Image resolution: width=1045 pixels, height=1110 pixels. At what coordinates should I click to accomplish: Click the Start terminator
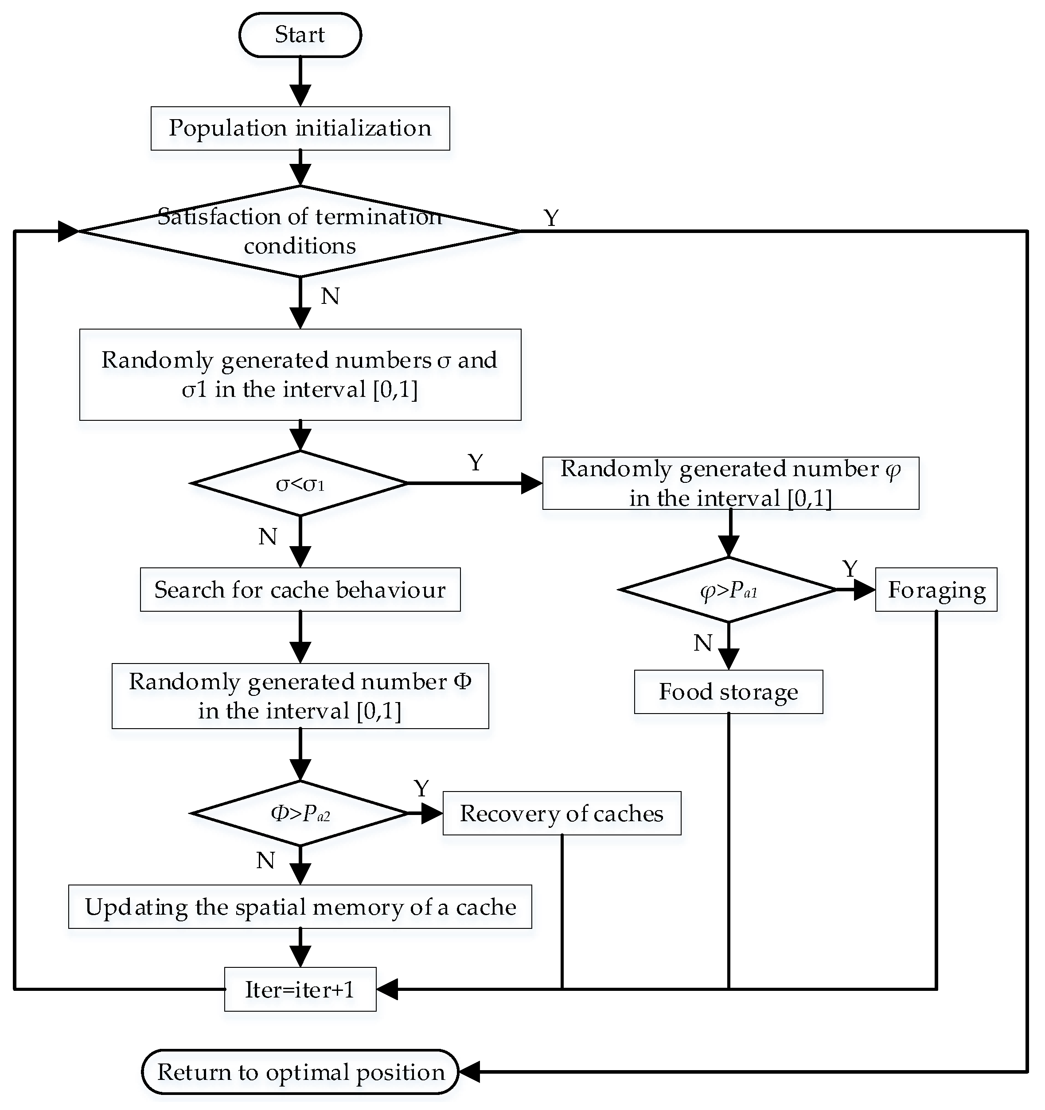300,35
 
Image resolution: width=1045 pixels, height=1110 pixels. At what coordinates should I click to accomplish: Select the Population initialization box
300,128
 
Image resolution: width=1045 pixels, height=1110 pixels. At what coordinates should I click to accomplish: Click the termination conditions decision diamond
300,231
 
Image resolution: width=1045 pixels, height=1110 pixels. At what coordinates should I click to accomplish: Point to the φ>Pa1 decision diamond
728,590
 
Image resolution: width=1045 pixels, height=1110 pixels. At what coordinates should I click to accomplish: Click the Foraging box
936,590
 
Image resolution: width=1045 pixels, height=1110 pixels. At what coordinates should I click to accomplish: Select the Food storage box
728,692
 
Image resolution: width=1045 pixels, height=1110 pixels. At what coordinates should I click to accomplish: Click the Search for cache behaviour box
300,590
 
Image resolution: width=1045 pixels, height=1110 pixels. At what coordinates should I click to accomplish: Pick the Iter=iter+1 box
300,990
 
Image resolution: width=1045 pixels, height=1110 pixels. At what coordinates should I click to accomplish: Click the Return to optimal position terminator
300,1072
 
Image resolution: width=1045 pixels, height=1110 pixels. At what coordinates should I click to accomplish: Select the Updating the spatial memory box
300,907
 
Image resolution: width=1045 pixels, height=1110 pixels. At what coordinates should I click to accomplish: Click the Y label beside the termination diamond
551,218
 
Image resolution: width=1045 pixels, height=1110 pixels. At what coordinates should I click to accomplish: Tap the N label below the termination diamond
330,296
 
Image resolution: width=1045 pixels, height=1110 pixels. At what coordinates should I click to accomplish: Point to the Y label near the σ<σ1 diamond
476,463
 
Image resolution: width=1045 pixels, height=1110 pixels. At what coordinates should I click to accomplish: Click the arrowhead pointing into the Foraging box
865,590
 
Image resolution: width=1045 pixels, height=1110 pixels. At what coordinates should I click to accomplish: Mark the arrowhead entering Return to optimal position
469,1072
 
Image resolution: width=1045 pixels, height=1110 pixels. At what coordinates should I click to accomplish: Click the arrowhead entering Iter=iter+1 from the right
387,990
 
